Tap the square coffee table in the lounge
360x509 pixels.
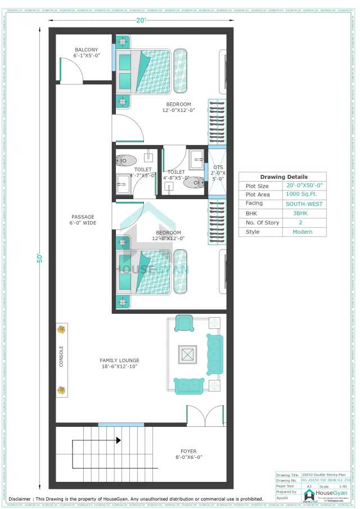[188, 354]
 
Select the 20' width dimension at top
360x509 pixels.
[141, 21]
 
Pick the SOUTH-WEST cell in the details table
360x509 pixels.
[304, 204]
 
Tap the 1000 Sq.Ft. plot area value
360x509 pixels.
[304, 195]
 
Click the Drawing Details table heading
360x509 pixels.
[283, 177]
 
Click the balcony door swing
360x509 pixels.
[72, 70]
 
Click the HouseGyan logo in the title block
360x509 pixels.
[309, 494]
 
